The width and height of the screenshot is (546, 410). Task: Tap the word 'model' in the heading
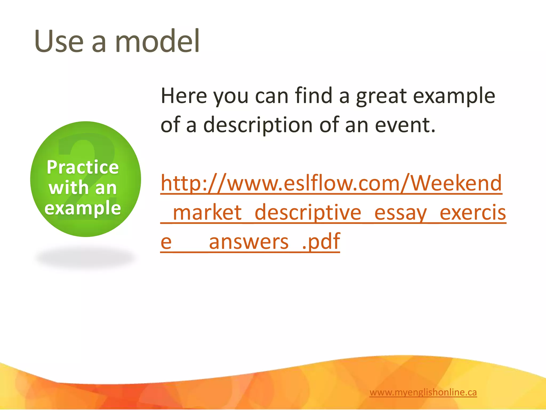click(x=157, y=41)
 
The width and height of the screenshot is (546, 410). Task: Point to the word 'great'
click(x=381, y=96)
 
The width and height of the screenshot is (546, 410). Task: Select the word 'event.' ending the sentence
click(x=405, y=125)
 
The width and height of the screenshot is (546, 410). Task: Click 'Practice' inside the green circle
click(x=83, y=167)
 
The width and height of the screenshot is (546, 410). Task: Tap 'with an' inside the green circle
click(x=83, y=188)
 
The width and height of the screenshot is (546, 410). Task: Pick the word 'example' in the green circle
click(x=83, y=208)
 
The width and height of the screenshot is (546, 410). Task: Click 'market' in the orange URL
click(x=207, y=212)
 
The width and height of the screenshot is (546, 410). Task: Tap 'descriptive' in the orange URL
click(x=308, y=212)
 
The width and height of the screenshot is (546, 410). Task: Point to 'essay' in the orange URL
click(x=400, y=213)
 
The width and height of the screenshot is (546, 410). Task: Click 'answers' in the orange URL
click(x=248, y=242)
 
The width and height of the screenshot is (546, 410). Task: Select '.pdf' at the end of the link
click(x=321, y=242)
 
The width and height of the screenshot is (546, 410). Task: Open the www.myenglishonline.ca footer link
click(x=423, y=392)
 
